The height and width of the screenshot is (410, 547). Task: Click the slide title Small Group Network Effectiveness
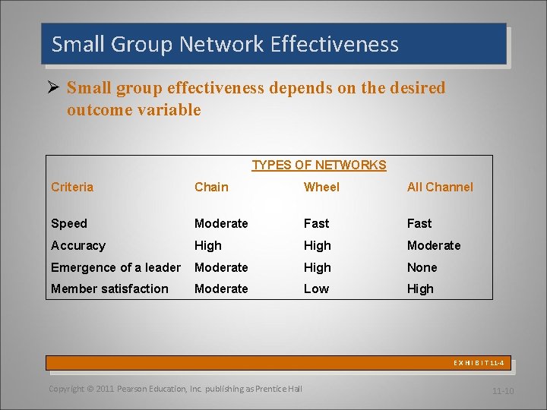pyautogui.click(x=225, y=44)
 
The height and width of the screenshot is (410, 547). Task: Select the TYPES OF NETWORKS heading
pyautogui.click(x=319, y=165)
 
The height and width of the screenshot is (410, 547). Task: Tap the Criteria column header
pyautogui.click(x=72, y=187)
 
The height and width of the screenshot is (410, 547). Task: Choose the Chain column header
pyautogui.click(x=211, y=187)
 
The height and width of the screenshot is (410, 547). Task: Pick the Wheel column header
pyautogui.click(x=321, y=187)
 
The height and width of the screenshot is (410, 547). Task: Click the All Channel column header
pyautogui.click(x=440, y=187)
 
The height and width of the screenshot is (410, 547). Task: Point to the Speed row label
pyautogui.click(x=69, y=223)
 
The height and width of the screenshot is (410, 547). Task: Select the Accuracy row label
pyautogui.click(x=78, y=245)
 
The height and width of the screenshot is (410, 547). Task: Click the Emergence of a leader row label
pyautogui.click(x=115, y=267)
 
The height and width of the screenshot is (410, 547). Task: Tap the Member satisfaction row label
pyautogui.click(x=109, y=289)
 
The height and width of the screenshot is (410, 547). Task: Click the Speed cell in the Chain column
pyautogui.click(x=221, y=223)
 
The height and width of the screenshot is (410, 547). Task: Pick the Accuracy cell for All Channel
pyautogui.click(x=434, y=245)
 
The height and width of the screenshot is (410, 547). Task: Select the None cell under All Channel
pyautogui.click(x=422, y=267)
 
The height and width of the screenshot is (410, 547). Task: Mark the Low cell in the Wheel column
pyautogui.click(x=316, y=289)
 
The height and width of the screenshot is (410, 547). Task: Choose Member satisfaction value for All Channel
pyautogui.click(x=420, y=289)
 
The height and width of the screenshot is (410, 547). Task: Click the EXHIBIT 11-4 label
pyautogui.click(x=479, y=363)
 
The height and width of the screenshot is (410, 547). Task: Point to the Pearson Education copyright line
pyautogui.click(x=175, y=389)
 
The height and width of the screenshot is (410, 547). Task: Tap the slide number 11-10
pyautogui.click(x=503, y=391)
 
